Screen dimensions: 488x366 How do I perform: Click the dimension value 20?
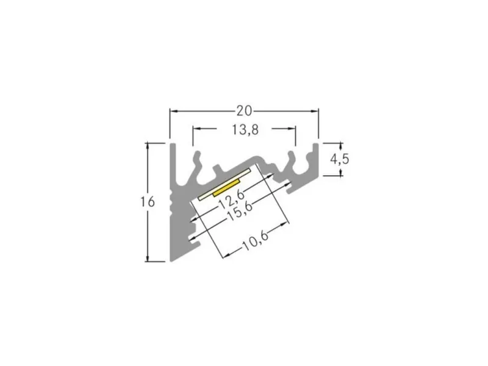pyautogui.click(x=244, y=111)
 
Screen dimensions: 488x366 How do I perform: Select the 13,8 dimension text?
pyautogui.click(x=245, y=129)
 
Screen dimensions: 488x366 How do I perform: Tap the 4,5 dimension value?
pyautogui.click(x=340, y=159)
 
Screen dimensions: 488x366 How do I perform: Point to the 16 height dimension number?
pyautogui.click(x=147, y=202)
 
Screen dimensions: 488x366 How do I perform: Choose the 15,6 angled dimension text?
pyautogui.click(x=239, y=212)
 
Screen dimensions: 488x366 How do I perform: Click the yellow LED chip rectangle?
pyautogui.click(x=226, y=188)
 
